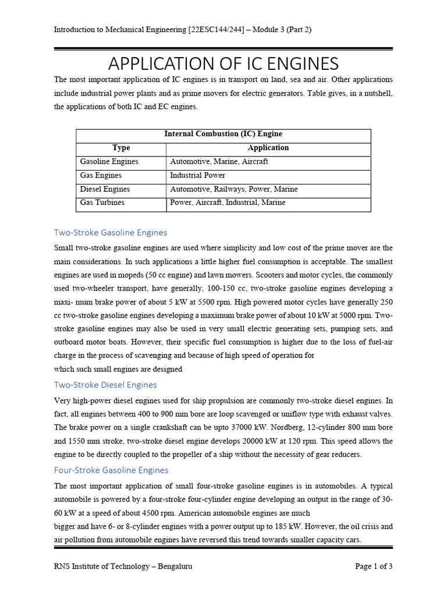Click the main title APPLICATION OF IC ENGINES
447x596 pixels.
point(223,63)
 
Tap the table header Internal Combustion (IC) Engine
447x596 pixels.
point(223,134)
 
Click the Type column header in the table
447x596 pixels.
point(121,148)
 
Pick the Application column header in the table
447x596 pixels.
point(268,148)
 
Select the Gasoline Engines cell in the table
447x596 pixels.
point(109,161)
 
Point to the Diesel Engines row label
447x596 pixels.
point(105,189)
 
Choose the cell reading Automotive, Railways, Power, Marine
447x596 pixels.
point(233,189)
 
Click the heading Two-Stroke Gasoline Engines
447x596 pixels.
point(111,233)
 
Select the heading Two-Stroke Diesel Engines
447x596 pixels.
point(105,385)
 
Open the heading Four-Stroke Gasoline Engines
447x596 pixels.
point(111,470)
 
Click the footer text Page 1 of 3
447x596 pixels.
point(374,566)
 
